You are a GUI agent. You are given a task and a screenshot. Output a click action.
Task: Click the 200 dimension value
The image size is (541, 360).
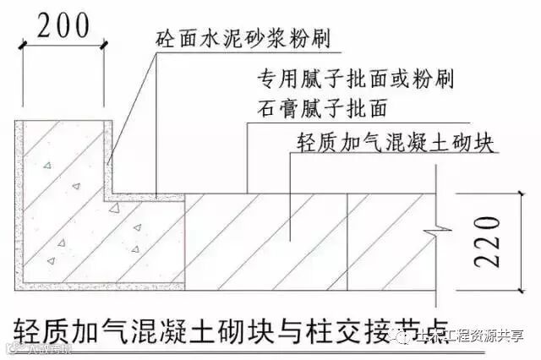coord(61,25)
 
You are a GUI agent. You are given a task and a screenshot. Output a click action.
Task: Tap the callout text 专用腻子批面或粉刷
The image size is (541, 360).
coord(354,80)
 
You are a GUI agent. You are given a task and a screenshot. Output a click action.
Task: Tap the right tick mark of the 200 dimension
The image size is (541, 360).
coord(104,48)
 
